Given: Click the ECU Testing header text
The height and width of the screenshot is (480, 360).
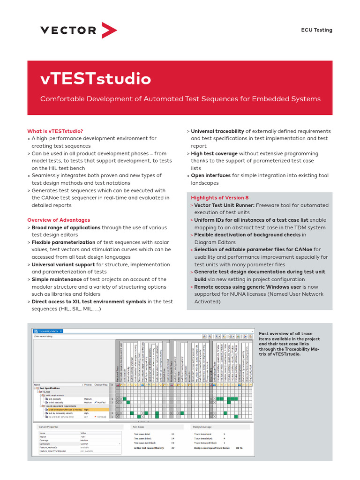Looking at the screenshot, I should tap(316, 30).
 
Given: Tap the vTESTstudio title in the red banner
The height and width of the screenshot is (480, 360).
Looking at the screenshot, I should tap(96, 79).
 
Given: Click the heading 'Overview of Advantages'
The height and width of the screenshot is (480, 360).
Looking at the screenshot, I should tap(59, 220).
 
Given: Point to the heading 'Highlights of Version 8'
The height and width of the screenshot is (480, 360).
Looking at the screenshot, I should tap(220, 198).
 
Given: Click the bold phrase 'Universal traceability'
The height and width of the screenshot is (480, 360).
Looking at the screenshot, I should tap(217, 131).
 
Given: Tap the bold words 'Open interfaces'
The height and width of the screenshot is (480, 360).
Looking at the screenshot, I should tap(210, 176).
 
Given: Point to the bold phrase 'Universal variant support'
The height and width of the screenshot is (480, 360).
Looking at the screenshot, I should tap(63, 264).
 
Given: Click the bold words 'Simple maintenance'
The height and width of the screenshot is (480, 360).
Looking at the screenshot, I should tap(56, 279).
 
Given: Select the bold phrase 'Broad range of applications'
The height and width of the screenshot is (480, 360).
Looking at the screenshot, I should tap(66, 227).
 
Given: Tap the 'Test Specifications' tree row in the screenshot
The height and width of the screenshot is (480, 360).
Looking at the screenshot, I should tap(50, 388).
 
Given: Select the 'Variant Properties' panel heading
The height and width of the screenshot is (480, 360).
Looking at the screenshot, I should tap(49, 427).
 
